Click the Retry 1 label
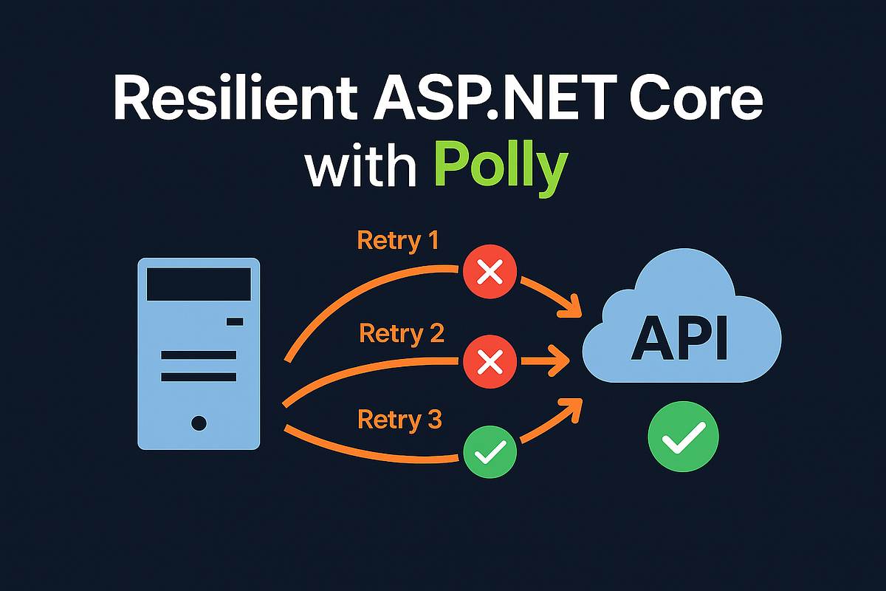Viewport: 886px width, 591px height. point(397,241)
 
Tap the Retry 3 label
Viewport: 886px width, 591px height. point(399,420)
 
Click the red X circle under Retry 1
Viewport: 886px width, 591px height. point(489,275)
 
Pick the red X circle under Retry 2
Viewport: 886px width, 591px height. point(489,362)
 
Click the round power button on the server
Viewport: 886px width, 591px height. point(198,423)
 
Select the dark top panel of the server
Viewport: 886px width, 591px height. point(198,284)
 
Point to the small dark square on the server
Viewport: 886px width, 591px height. point(235,321)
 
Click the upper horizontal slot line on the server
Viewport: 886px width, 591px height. point(198,355)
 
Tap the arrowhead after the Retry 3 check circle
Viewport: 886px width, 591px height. point(571,406)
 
